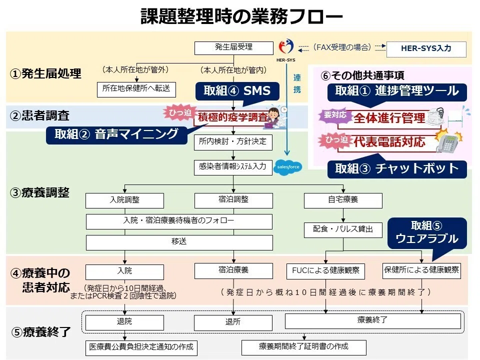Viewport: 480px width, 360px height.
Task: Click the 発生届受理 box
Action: [234, 48]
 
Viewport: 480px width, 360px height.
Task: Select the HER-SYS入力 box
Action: [426, 49]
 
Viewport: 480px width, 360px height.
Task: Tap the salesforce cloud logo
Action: [288, 167]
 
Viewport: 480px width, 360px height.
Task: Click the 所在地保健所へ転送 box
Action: [136, 89]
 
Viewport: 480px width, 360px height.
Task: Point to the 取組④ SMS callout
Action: [237, 91]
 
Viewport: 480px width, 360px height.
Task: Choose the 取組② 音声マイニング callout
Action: [116, 135]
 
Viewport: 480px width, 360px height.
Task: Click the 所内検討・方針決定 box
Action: [233, 142]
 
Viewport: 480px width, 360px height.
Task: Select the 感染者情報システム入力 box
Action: [233, 167]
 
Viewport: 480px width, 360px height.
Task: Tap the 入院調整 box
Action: [124, 200]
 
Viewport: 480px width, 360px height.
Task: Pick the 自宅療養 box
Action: [343, 200]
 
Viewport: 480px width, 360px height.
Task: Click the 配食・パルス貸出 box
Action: [343, 230]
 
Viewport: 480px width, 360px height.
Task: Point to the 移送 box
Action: [179, 242]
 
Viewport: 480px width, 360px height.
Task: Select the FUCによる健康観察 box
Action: [325, 271]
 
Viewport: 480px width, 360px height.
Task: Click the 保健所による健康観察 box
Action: [421, 270]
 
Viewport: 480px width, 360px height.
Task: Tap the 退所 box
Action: [233, 322]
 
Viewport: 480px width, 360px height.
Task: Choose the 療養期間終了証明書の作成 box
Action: [304, 347]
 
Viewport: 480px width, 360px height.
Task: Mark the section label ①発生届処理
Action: [45, 74]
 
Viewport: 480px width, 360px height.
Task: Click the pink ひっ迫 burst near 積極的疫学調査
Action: [179, 113]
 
